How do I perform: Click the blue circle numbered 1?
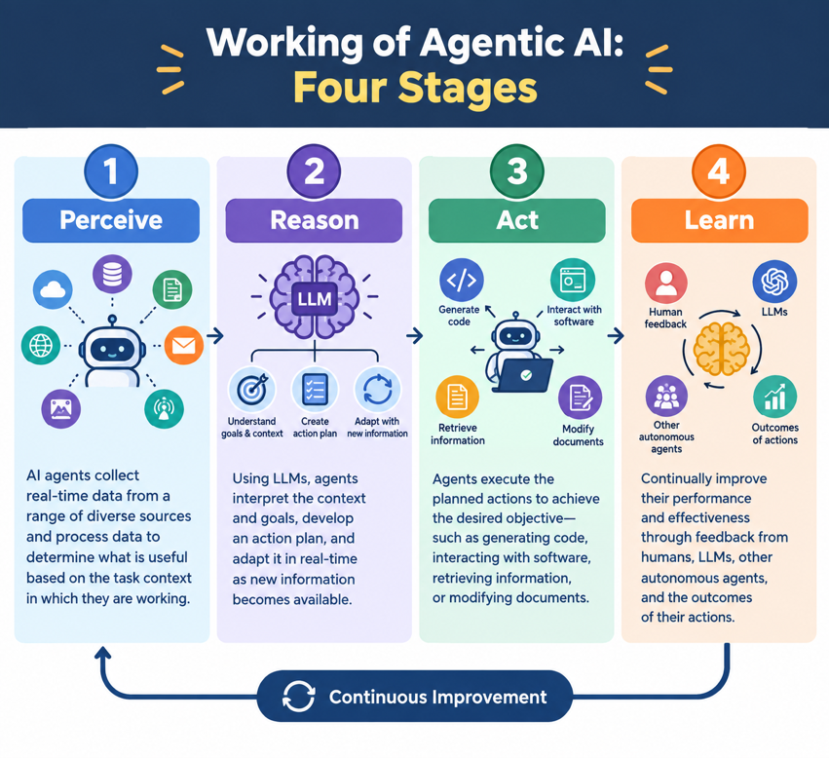point(111,171)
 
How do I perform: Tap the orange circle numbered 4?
point(719,171)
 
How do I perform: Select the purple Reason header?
point(314,220)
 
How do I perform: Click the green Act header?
point(517,220)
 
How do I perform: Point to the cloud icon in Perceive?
point(53,290)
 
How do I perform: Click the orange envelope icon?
point(184,346)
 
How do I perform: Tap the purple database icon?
point(112,274)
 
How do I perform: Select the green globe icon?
point(41,346)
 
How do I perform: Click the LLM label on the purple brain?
point(315,299)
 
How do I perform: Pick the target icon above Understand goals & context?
point(252,390)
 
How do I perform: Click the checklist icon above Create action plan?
point(315,390)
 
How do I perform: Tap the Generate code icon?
point(462,280)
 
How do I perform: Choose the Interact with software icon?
point(573,280)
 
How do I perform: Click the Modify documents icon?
point(580,398)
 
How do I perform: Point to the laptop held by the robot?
point(522,375)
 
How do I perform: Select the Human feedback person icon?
point(666,284)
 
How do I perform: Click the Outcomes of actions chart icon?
point(775,398)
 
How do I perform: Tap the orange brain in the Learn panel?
point(722,350)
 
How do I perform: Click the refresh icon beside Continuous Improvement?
point(299,696)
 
